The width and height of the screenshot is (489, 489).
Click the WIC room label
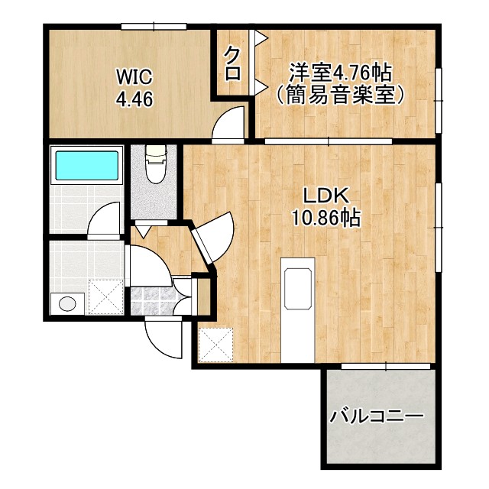click(134, 77)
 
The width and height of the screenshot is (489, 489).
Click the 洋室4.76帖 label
click(340, 73)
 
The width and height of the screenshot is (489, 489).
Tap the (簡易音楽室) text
click(340, 96)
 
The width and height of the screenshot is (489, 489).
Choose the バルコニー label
click(377, 417)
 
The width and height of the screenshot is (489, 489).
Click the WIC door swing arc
click(229, 124)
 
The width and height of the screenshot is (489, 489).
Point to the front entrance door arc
click(162, 336)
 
